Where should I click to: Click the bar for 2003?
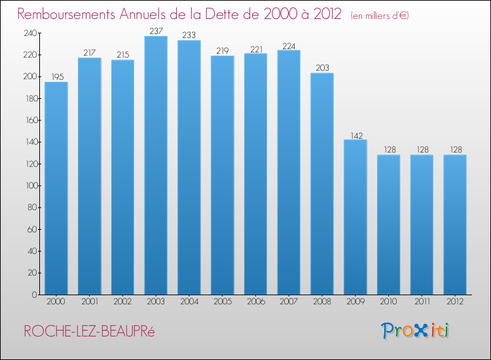(x=156, y=165)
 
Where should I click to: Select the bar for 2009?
(x=355, y=217)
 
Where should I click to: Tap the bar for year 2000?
(x=56, y=188)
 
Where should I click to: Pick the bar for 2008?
(x=322, y=183)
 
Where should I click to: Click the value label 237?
(x=156, y=30)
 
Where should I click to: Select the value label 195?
(x=56, y=77)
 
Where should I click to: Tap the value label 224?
(x=289, y=45)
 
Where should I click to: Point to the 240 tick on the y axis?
(x=30, y=33)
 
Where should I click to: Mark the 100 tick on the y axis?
(x=30, y=186)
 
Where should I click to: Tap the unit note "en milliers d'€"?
(x=380, y=15)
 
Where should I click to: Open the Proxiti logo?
(x=414, y=331)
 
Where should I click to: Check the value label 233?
(x=189, y=35)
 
